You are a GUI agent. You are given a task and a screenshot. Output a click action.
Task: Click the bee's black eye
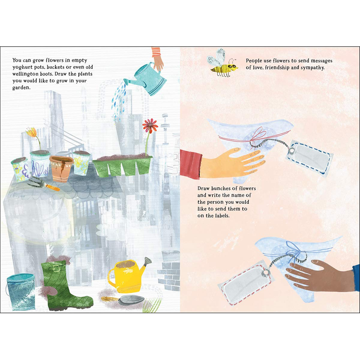(234, 66)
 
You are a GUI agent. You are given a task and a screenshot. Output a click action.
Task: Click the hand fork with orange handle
(44, 184)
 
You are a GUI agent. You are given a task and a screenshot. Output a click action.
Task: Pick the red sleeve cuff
(191, 164)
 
